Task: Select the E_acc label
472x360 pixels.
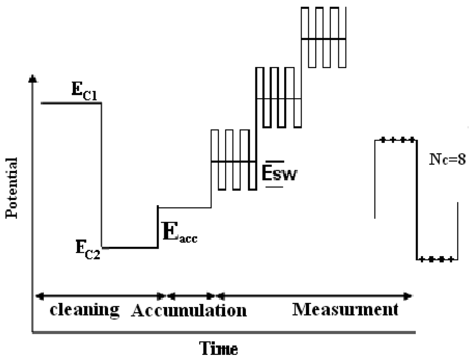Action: click(179, 234)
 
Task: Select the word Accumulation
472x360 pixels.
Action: click(189, 311)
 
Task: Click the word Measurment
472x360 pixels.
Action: click(345, 310)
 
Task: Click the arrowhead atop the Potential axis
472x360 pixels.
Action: click(32, 78)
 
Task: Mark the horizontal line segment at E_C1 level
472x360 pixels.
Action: click(71, 102)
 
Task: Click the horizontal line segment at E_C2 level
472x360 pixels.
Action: click(130, 247)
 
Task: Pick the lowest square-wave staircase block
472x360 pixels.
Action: click(233, 160)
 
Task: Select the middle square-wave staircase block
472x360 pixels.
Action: click(278, 98)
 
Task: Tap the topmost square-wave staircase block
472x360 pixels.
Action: click(323, 38)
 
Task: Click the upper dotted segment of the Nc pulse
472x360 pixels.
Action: click(395, 140)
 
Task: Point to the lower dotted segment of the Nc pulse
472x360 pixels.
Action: click(437, 259)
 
